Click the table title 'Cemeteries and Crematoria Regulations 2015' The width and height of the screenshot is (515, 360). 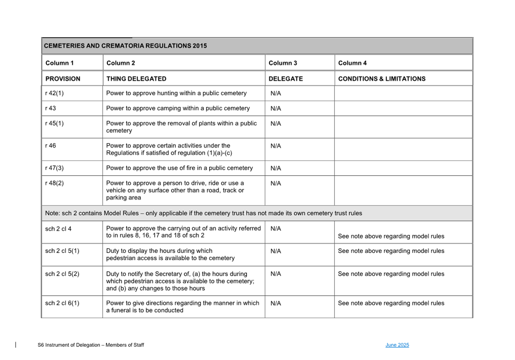[125, 46]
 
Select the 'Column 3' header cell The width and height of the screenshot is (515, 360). [283, 63]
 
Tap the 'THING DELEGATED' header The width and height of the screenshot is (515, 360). [136, 79]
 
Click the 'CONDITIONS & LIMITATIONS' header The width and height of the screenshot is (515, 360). [382, 79]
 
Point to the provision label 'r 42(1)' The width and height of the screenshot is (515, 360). [54, 93]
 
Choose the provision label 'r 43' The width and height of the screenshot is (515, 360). [50, 108]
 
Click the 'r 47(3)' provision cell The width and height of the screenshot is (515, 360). [54, 168]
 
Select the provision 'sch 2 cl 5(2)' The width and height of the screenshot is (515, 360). [62, 274]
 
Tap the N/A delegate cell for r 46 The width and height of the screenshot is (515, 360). [276, 146]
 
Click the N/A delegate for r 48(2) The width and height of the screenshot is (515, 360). [276, 183]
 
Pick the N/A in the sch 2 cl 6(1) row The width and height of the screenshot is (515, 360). [276, 303]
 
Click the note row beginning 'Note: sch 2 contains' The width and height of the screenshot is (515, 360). [203, 213]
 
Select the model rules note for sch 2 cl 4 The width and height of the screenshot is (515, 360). [391, 236]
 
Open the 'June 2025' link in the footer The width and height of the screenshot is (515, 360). [397, 345]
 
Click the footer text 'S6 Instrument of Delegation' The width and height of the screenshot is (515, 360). [69, 345]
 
